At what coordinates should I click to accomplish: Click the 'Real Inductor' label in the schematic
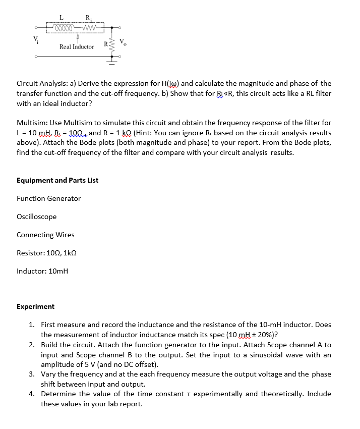click(77, 46)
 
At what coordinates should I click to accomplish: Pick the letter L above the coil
click(61, 17)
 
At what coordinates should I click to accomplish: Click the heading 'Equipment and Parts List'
click(57, 180)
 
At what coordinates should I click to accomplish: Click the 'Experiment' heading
click(35, 306)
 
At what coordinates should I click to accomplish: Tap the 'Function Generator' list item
click(48, 198)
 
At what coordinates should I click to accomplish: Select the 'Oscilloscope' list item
click(36, 217)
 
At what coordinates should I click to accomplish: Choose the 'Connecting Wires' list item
click(45, 235)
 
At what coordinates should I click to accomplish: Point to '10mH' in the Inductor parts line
click(58, 271)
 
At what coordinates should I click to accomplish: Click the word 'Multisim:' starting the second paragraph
click(32, 123)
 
